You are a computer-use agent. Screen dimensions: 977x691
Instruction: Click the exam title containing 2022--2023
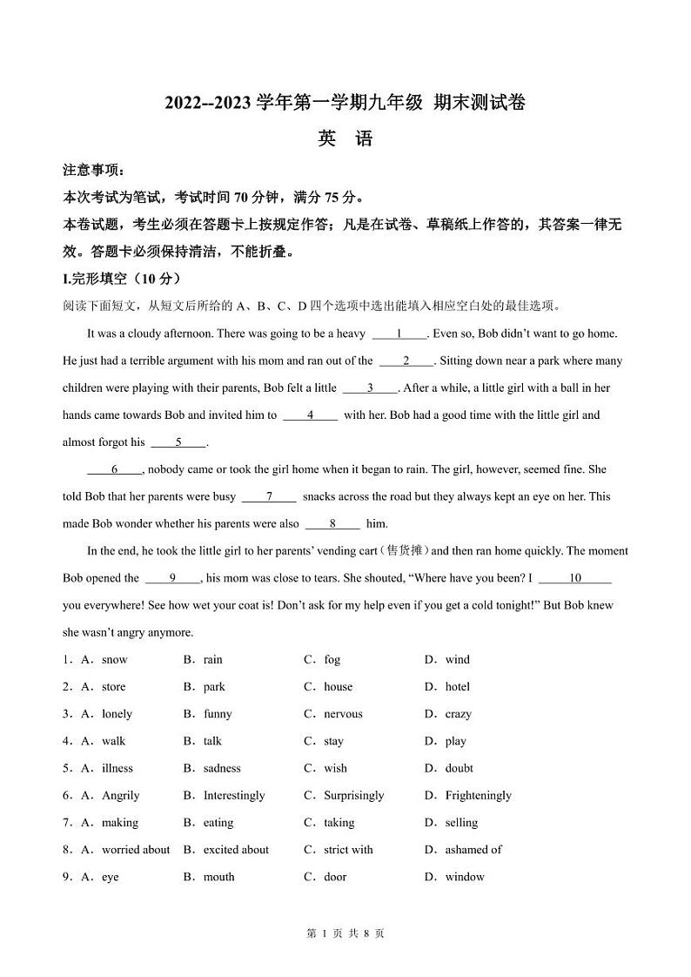[x=345, y=103]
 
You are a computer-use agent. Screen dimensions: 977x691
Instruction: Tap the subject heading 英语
[x=345, y=138]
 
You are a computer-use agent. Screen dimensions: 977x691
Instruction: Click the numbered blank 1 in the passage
[x=399, y=334]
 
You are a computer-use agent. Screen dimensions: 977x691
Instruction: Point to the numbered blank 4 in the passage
[x=310, y=415]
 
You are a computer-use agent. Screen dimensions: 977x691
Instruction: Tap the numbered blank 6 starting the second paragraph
[x=114, y=469]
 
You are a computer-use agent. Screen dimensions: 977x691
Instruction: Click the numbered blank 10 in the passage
[x=574, y=578]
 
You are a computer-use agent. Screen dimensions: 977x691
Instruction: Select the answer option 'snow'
[x=114, y=660]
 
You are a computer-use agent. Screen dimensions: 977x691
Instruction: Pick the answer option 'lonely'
[x=117, y=714]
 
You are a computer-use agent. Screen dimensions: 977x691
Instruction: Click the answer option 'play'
[x=455, y=742]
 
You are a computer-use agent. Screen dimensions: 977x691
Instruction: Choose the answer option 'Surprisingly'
[x=353, y=796]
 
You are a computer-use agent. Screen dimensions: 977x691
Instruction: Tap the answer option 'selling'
[x=461, y=823]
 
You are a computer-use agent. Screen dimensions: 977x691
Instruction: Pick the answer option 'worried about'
[x=136, y=850]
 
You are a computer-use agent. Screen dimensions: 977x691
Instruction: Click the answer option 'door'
[x=335, y=877]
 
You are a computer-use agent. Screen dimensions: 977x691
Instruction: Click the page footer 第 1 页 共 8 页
[x=345, y=933]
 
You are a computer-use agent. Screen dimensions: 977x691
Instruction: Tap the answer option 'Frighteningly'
[x=478, y=796]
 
